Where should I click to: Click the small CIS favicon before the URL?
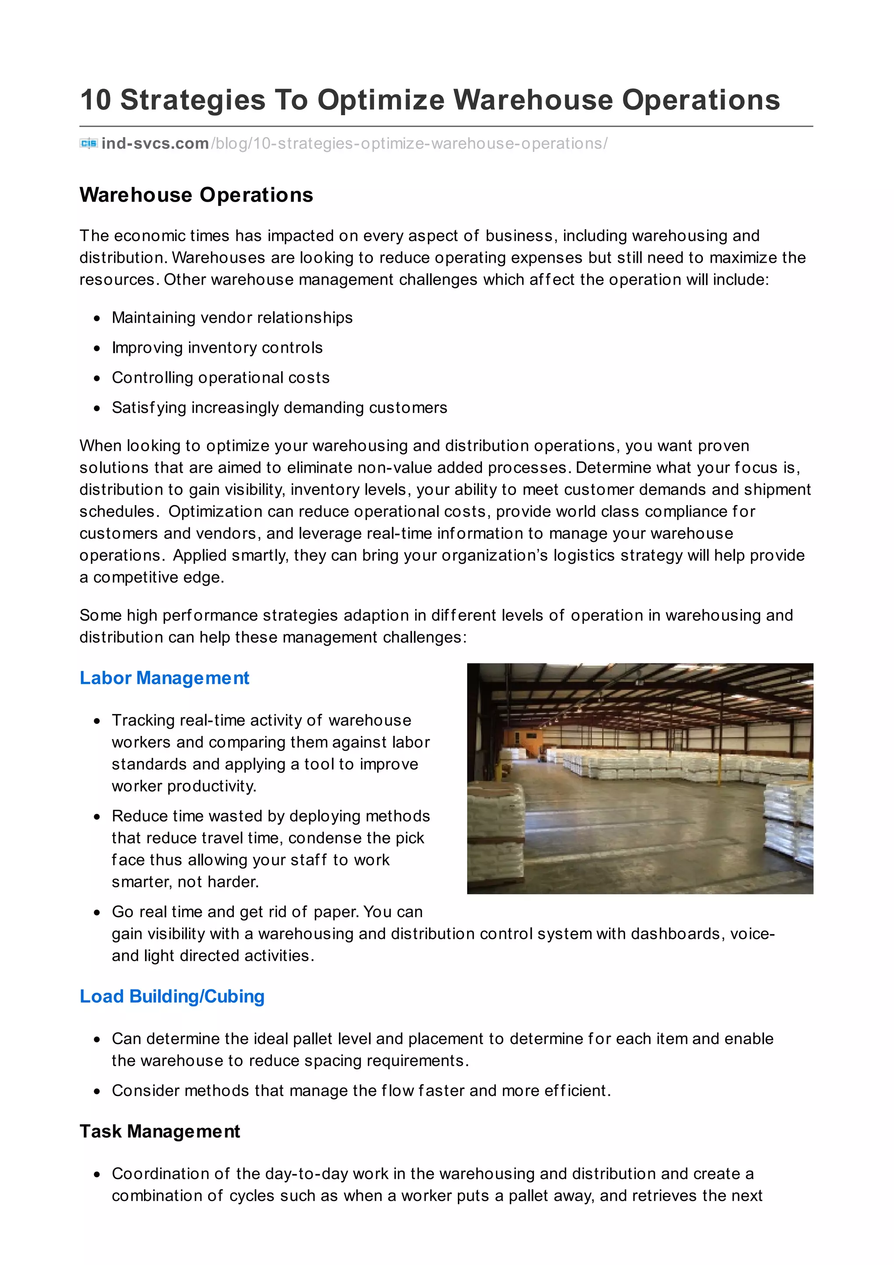(89, 144)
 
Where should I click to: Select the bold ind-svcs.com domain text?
(155, 144)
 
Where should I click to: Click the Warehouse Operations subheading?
(196, 195)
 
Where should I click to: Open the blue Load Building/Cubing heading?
(172, 996)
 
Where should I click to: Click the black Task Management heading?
(160, 1131)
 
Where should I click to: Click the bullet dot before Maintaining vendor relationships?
(97, 319)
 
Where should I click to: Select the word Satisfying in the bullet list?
(141, 408)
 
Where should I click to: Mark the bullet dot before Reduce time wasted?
(97, 817)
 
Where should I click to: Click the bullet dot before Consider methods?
(97, 1091)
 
